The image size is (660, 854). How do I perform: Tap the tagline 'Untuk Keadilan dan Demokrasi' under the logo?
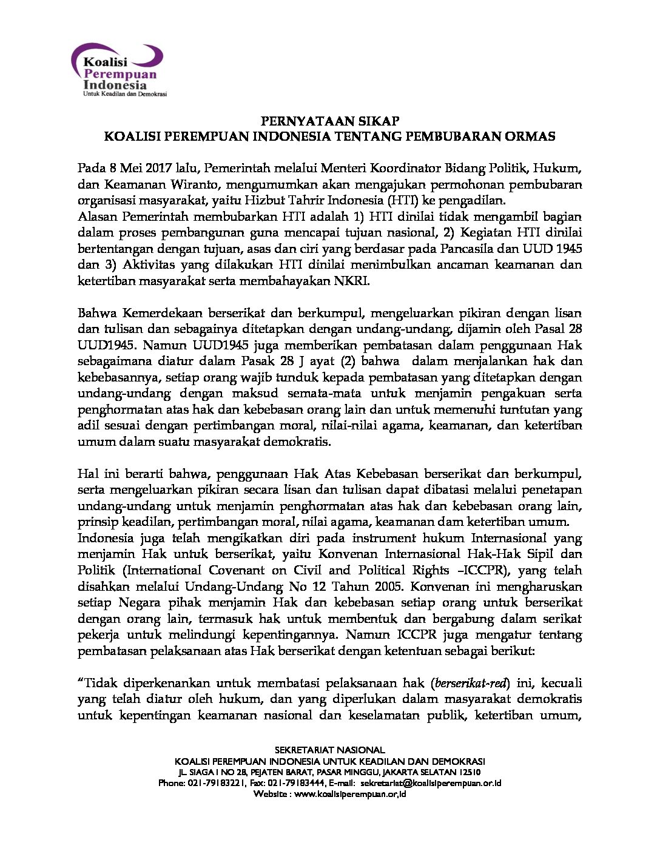click(x=124, y=94)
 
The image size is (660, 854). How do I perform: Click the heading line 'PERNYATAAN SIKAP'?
click(x=329, y=121)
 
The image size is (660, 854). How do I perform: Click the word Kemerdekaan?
click(x=163, y=314)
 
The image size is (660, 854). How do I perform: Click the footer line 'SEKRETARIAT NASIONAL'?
click(x=329, y=750)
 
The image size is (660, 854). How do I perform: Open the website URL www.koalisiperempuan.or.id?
click(x=349, y=794)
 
